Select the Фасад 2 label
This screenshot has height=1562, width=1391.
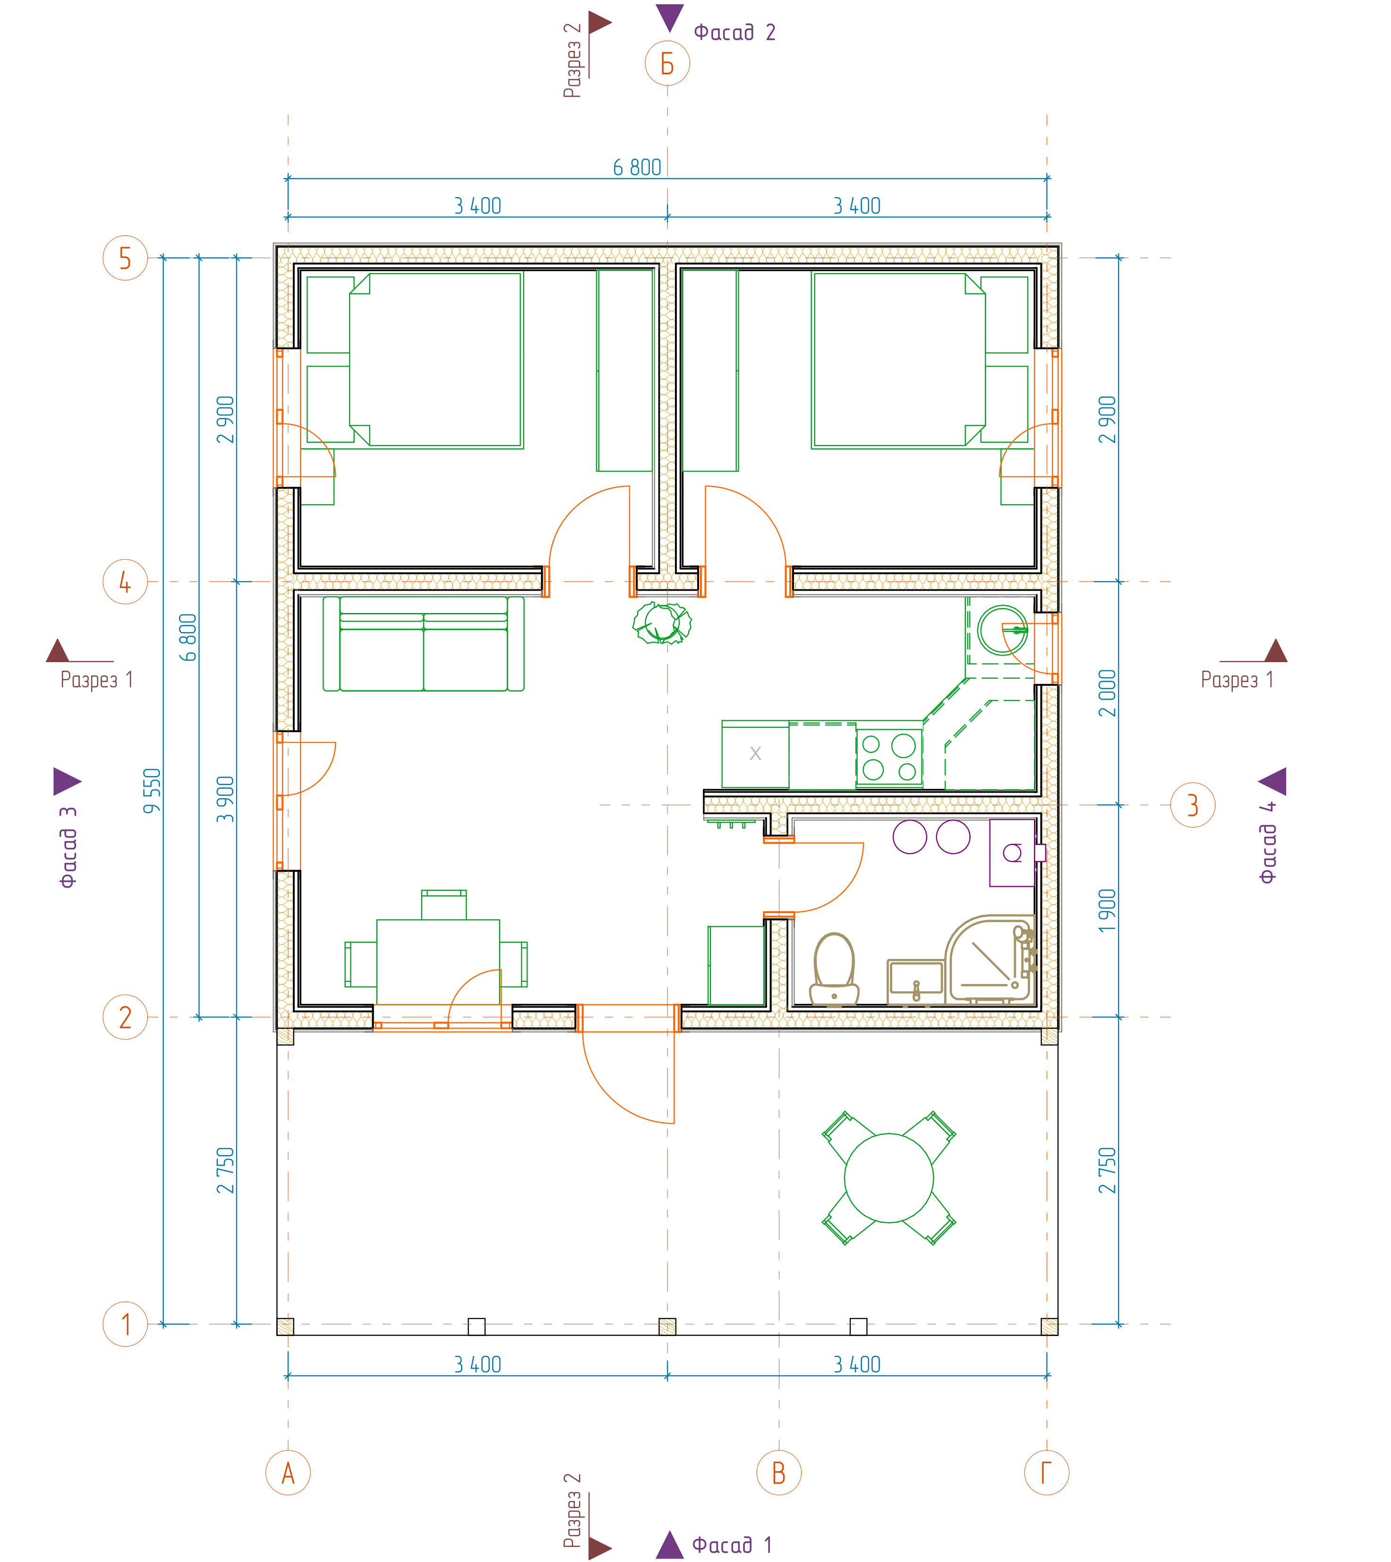click(x=734, y=32)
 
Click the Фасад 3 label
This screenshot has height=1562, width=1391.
click(x=68, y=846)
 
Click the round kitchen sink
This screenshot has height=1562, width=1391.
click(x=1002, y=630)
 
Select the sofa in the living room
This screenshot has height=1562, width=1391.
click(x=423, y=644)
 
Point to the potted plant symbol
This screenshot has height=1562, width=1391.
click(x=662, y=622)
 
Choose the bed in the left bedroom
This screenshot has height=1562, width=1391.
click(x=435, y=360)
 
